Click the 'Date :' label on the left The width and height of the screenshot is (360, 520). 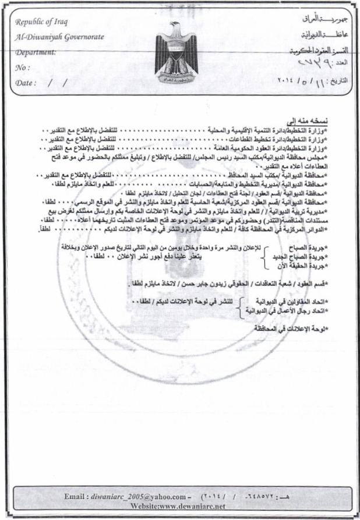[x=27, y=82]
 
